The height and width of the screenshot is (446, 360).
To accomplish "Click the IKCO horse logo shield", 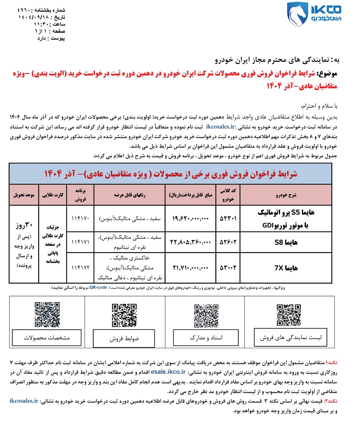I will tap(297, 14).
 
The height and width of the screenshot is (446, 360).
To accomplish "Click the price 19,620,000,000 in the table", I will tap(190, 219).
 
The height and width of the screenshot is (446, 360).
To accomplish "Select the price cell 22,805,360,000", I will tap(190, 242).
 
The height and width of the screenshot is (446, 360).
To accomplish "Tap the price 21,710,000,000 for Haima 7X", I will tap(190, 268).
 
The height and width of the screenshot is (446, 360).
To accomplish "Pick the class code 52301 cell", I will tap(228, 219).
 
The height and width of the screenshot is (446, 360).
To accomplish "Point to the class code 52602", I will tap(228, 242).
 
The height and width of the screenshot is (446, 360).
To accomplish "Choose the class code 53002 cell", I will tap(228, 268).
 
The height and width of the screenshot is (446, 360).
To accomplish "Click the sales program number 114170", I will tap(80, 219).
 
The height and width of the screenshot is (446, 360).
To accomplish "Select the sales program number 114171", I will tap(80, 242).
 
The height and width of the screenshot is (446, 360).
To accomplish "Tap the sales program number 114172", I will tap(80, 268).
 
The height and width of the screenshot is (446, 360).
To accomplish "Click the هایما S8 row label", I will tap(286, 242).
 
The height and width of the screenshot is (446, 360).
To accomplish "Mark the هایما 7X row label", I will tap(286, 268).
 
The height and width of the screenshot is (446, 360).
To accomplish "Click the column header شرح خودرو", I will tap(286, 195).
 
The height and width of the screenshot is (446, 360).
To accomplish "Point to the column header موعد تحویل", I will tap(24, 195).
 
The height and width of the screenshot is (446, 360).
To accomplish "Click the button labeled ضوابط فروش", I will tap(124, 339).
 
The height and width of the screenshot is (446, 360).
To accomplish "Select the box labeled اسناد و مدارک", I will tap(206, 338).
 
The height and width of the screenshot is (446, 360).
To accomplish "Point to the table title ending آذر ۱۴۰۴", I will tap(171, 174).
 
